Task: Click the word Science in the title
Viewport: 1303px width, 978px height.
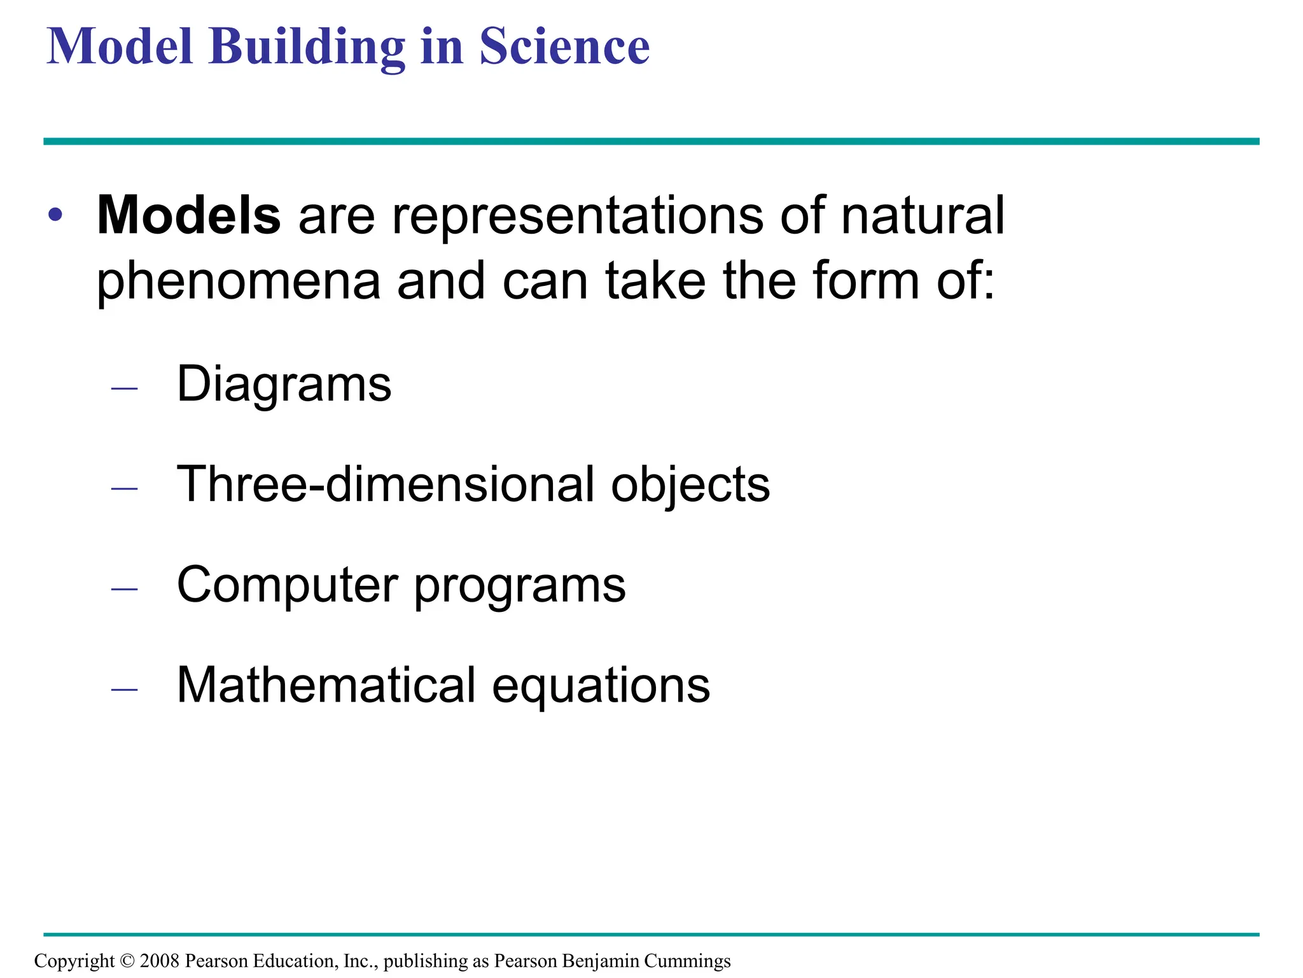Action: [564, 46]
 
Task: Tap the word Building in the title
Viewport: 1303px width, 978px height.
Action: [307, 48]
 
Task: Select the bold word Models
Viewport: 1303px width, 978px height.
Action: [188, 215]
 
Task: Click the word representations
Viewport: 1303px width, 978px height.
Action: [578, 216]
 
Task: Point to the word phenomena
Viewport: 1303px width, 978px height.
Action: [238, 281]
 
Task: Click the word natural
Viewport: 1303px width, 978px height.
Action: [923, 215]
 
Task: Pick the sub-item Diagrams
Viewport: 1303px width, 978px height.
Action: [284, 385]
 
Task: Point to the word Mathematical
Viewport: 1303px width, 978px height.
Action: [326, 685]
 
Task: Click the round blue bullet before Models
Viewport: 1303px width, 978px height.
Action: [55, 215]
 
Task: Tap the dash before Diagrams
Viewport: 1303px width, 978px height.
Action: [124, 388]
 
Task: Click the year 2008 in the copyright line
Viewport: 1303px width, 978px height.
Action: [159, 960]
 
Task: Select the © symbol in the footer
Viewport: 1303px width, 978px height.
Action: [127, 960]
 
